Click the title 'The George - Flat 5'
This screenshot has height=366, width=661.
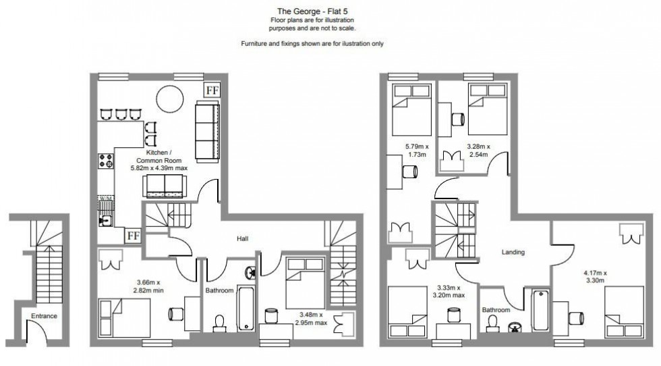tap(312, 10)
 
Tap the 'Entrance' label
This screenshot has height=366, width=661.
tap(44, 315)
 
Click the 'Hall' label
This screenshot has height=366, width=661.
tap(243, 239)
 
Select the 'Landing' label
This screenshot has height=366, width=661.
tap(513, 252)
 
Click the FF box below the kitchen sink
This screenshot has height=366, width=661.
tap(134, 236)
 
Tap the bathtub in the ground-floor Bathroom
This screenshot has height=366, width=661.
tap(245, 308)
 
